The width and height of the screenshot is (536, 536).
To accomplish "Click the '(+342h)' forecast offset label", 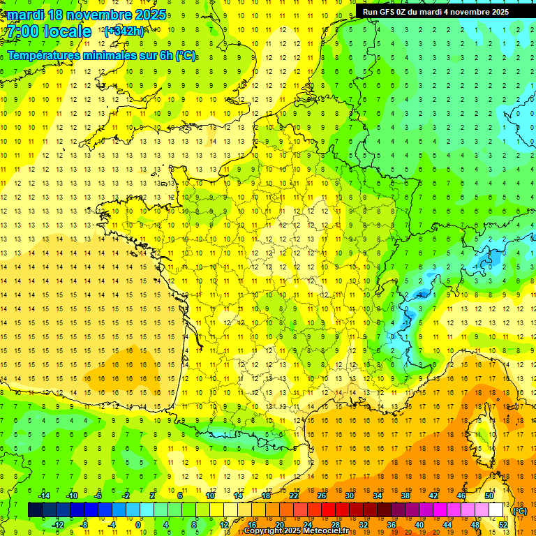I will click(x=124, y=31).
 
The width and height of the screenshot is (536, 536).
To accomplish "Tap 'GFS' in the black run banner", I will click(x=388, y=12).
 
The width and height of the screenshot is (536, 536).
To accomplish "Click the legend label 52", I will click(x=503, y=524).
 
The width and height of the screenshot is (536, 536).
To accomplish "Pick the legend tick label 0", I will click(x=138, y=524).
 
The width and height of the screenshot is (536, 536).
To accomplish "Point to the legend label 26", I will click(x=321, y=496).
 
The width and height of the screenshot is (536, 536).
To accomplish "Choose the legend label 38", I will click(x=405, y=496).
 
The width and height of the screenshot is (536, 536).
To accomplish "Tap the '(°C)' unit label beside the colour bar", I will click(x=519, y=511).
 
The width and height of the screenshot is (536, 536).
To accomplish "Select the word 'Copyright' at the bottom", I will click(x=265, y=531).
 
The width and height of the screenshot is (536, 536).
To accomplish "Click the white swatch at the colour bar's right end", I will click(x=496, y=510).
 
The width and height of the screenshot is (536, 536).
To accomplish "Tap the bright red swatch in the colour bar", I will click(x=329, y=510).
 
